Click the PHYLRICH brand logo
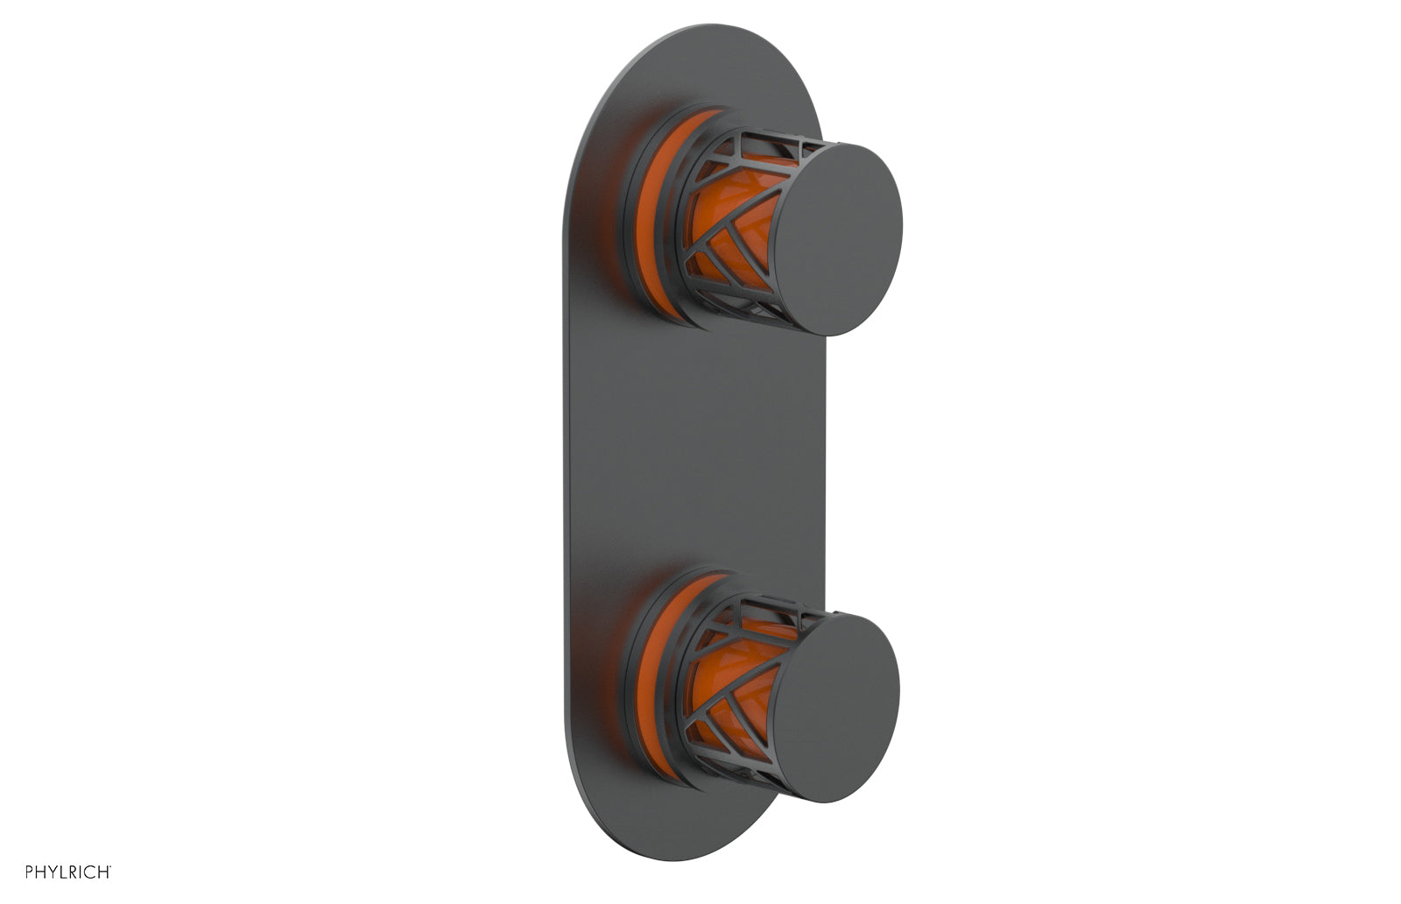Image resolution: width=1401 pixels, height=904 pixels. [x=67, y=872]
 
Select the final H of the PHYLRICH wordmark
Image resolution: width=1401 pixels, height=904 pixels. [x=103, y=872]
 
